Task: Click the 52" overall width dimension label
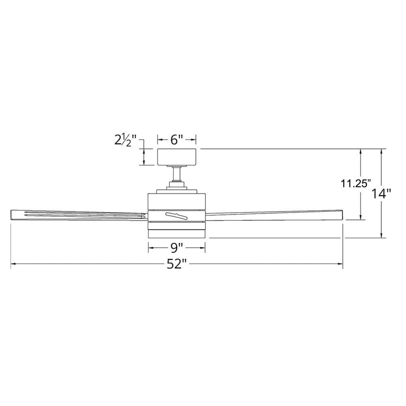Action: coord(176,264)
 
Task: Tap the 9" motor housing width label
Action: coord(177,247)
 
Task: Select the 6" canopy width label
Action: coord(177,140)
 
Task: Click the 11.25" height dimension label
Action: coord(355,184)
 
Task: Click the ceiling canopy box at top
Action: coord(177,157)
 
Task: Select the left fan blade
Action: coord(77,214)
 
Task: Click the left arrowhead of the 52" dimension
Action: coord(13,264)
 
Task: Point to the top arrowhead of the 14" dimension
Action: coord(381,151)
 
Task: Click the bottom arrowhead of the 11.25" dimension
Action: coord(361,217)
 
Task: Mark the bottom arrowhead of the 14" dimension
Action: coord(381,235)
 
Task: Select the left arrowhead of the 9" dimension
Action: coord(151,247)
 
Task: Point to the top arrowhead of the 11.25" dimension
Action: coord(361,151)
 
